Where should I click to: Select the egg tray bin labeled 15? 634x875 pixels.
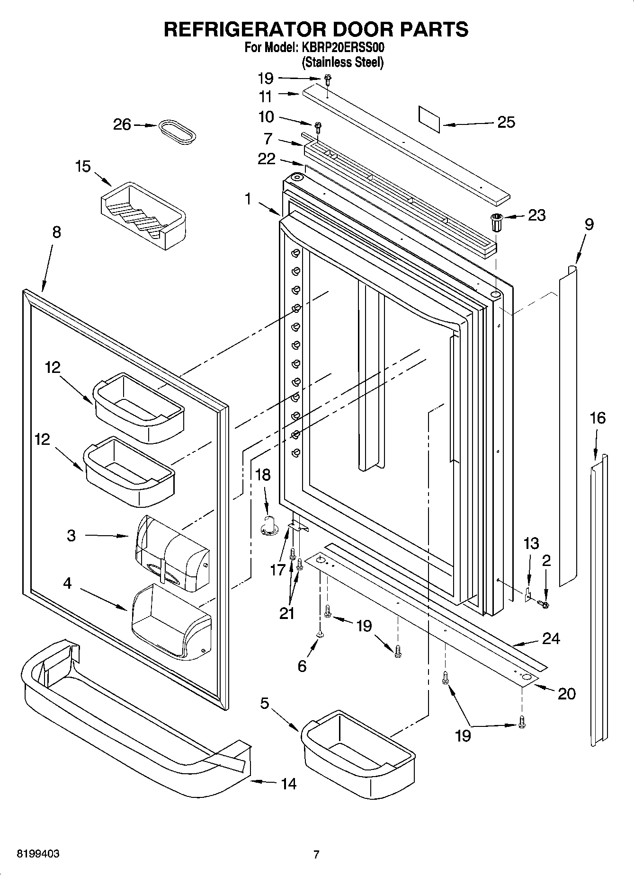pos(143,215)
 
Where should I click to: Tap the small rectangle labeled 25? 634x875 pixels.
pos(429,119)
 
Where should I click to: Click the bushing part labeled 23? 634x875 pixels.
pos(496,221)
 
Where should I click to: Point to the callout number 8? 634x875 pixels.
pos(56,232)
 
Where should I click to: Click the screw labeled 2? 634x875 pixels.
pos(544,604)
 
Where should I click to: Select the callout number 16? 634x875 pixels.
pos(598,418)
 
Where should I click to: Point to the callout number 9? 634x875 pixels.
pos(589,224)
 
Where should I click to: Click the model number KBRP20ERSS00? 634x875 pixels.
pos(340,48)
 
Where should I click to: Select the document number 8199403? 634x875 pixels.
pos(38,854)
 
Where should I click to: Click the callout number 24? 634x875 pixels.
pos(551,638)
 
